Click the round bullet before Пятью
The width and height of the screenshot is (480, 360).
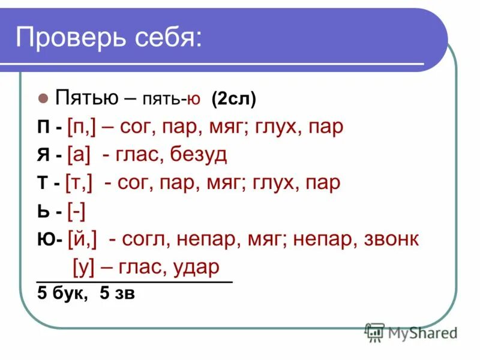tap(43, 98)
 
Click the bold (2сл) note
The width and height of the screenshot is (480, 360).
tap(234, 98)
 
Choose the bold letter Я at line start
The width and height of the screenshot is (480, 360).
tap(43, 155)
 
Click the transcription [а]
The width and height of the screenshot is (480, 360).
tap(79, 155)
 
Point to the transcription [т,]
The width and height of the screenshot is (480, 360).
tap(79, 183)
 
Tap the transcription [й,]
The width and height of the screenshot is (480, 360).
tap(83, 239)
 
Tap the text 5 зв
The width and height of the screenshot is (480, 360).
tap(118, 294)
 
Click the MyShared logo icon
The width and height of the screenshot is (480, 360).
tap(375, 332)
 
